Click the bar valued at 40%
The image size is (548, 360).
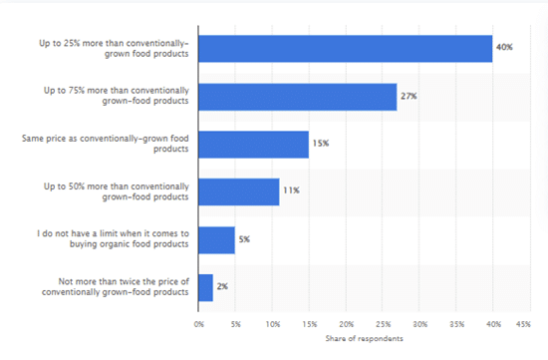click(346, 48)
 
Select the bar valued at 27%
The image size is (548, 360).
click(298, 96)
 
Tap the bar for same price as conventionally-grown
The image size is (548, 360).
click(254, 144)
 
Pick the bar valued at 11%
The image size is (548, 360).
click(239, 191)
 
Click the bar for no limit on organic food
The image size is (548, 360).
click(217, 239)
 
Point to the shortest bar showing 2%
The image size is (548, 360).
click(206, 287)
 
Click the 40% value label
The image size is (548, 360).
click(505, 48)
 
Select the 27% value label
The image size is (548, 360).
click(410, 96)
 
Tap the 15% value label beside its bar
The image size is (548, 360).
click(321, 144)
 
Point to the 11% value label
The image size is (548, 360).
click(291, 191)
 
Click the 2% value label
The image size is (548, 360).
click(223, 287)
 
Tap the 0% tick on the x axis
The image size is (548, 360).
click(199, 323)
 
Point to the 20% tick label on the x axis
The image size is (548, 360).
click(346, 323)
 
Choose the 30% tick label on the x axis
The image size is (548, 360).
click(419, 323)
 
